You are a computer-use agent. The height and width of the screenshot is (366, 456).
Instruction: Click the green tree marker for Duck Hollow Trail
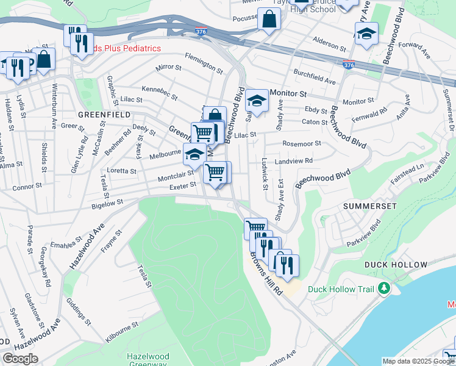coord(384,287)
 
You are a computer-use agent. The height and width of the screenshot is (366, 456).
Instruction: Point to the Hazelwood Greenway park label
coord(146,360)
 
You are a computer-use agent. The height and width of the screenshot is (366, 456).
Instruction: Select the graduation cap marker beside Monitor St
coord(257,102)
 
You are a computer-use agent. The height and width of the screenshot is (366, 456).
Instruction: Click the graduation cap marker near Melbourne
coord(194,154)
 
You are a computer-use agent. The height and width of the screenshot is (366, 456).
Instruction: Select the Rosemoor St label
coord(301,143)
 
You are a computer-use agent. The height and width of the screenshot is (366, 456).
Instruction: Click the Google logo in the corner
coord(21,359)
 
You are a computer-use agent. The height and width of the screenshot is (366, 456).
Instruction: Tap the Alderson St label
coord(329,45)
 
